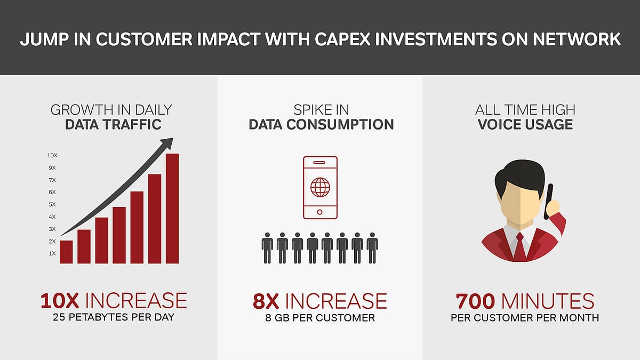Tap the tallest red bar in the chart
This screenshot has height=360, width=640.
[172, 209]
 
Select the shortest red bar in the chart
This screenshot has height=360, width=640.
[66, 252]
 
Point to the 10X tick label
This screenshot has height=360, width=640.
[52, 155]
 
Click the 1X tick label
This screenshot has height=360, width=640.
[52, 253]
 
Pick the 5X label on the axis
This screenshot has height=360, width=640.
[52, 204]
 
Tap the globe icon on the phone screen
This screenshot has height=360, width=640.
[320, 187]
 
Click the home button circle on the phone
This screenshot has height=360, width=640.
[320, 212]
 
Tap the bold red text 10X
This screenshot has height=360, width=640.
[60, 301]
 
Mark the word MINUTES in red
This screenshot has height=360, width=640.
[548, 301]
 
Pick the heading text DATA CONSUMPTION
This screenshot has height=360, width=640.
[321, 125]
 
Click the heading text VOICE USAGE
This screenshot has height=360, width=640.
[525, 125]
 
